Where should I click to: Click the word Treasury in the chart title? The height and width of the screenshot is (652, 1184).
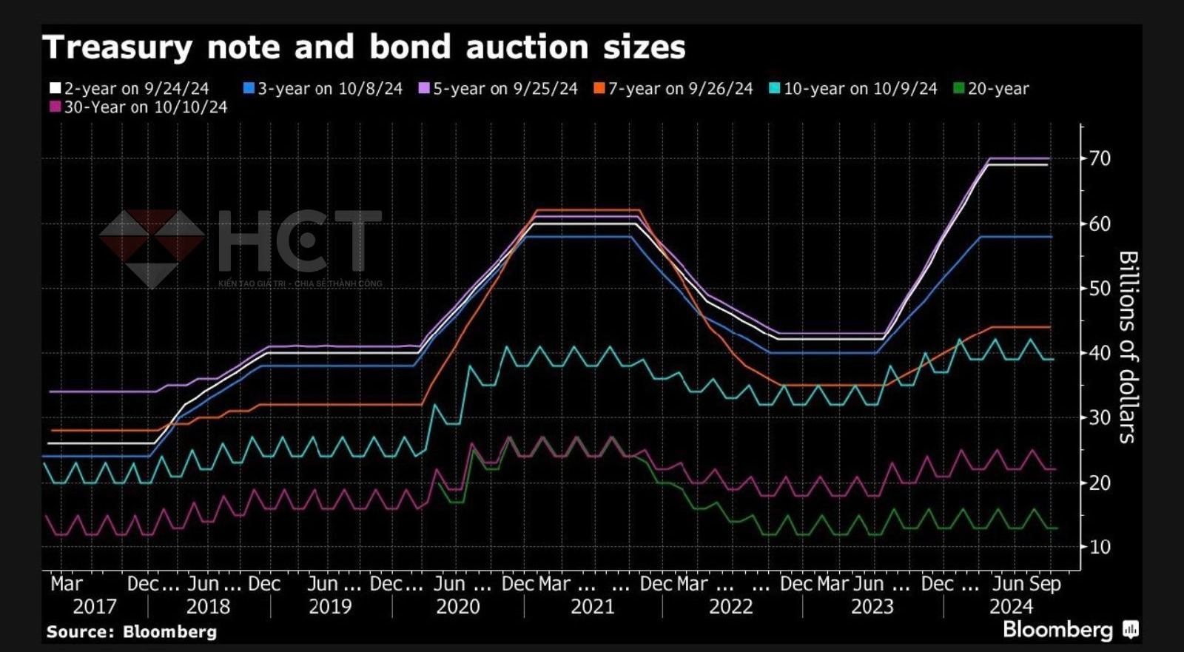click(117, 48)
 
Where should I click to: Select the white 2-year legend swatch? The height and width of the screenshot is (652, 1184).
click(55, 89)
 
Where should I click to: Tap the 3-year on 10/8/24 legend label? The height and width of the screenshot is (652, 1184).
click(329, 89)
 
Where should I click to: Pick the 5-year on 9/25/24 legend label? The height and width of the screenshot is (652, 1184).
click(505, 89)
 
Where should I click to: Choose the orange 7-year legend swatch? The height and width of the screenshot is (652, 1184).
click(599, 89)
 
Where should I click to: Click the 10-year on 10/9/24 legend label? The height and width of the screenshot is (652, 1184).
click(860, 89)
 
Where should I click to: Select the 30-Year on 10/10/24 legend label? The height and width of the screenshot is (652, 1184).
click(145, 107)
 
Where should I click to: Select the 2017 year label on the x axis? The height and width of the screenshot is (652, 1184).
click(94, 607)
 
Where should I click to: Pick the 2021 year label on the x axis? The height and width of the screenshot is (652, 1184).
click(592, 607)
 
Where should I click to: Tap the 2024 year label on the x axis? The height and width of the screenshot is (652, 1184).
click(1011, 607)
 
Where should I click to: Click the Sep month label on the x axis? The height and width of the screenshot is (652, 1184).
click(1045, 584)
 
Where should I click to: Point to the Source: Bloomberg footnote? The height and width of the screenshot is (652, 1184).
click(131, 632)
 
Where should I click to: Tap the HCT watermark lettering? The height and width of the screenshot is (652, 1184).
click(300, 241)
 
